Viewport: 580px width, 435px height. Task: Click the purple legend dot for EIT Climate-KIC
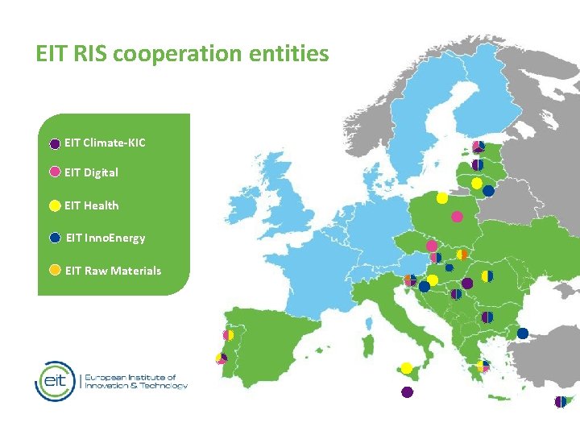(55, 143)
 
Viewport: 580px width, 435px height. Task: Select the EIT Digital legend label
(91, 172)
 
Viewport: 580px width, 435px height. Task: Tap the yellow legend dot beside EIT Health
(55, 205)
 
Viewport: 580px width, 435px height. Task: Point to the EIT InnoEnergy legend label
(105, 238)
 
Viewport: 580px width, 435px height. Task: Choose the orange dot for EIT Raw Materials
(55, 271)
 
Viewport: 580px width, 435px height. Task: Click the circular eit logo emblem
(54, 381)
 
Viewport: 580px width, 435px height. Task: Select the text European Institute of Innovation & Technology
(136, 381)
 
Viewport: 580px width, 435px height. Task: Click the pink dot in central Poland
(457, 217)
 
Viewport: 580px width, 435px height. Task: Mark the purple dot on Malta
(407, 392)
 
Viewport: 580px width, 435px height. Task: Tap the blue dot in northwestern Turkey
(523, 333)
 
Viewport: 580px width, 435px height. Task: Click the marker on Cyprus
(560, 401)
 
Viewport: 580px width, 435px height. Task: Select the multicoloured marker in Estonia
(478, 147)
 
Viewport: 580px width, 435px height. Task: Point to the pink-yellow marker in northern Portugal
(228, 335)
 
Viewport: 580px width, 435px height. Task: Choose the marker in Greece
(483, 367)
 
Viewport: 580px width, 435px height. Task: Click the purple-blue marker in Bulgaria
(487, 317)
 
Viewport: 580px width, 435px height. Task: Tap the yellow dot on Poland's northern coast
(442, 197)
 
